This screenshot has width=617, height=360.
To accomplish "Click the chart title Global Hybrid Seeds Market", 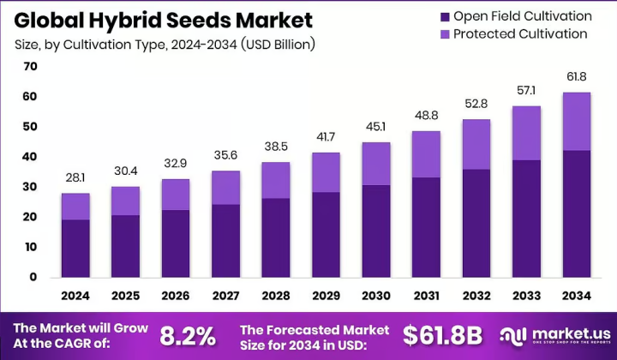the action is tap(164, 21).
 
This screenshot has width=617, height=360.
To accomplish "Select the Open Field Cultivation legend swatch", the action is tap(445, 17).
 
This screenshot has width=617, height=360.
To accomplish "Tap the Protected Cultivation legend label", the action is tap(520, 33).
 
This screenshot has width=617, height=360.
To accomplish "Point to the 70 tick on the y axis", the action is tap(30, 66).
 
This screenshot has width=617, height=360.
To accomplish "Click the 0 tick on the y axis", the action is tap(33, 277).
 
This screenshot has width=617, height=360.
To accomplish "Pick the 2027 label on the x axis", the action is tap(226, 296).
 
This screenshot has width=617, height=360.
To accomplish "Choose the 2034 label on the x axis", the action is tap(577, 296).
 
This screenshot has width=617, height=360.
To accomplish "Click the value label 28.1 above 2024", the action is tap(75, 177).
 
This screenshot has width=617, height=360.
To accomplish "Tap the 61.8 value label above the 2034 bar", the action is tap(577, 77).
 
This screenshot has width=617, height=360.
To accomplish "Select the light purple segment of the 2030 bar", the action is tap(376, 164).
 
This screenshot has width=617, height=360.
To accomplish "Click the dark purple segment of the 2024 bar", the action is tap(75, 249).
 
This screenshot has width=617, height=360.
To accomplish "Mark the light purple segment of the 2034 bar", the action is tap(577, 121).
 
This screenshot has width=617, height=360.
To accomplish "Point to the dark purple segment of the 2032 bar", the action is tap(476, 224).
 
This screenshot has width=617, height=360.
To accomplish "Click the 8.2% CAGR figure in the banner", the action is tap(188, 336).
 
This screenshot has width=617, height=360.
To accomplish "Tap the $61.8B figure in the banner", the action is tap(443, 336).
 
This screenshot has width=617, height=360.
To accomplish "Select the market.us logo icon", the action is tap(513, 336).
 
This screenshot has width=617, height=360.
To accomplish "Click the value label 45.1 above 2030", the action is tap(376, 127).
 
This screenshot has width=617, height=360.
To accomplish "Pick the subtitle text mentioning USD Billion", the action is tap(165, 45).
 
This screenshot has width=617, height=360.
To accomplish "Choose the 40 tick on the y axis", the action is tap(30, 157).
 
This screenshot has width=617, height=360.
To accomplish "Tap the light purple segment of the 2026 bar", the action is tap(176, 195).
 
